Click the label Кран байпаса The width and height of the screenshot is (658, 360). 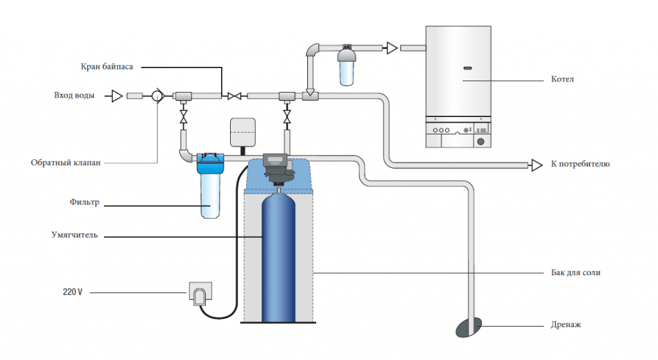[107, 67]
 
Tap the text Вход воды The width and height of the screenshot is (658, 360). [75, 96]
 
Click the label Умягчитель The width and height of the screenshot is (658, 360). [75, 235]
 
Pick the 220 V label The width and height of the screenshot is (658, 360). [73, 292]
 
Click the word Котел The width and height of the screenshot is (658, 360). [562, 80]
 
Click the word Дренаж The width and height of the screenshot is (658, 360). [565, 325]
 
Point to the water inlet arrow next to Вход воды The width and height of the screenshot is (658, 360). [116, 96]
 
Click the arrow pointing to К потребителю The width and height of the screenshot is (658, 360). [536, 165]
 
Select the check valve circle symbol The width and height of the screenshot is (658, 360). [157, 96]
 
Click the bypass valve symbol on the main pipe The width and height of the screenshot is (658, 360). [234, 96]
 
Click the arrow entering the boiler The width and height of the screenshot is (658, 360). [391, 48]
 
